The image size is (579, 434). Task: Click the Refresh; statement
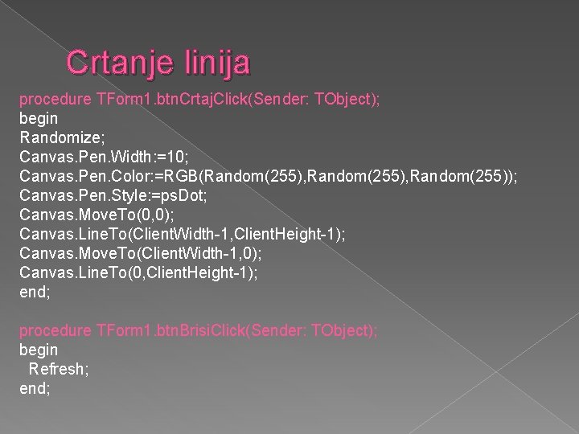pos(59,369)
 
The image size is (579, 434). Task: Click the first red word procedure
pos(54,100)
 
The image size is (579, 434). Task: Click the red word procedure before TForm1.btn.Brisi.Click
pos(54,330)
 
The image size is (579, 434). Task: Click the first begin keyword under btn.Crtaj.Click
pos(39,119)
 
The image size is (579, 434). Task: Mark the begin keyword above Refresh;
pos(39,350)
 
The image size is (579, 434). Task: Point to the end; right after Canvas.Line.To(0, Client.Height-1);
pos(35,292)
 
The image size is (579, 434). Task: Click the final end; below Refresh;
pos(35,388)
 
